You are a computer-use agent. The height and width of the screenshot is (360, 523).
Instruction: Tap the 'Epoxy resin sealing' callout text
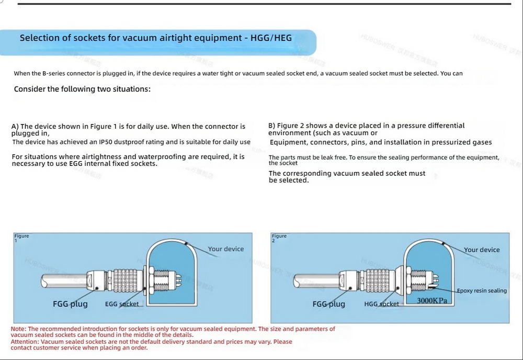point(482,291)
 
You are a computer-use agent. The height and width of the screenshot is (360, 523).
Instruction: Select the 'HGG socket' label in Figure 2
point(381,304)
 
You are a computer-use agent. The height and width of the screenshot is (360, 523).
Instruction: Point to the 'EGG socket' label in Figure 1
point(122,304)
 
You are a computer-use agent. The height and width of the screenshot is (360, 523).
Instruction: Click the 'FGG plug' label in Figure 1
point(70,304)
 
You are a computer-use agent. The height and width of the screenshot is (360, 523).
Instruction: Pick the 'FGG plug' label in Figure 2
point(328,304)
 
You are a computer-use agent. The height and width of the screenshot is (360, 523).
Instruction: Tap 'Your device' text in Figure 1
point(226,249)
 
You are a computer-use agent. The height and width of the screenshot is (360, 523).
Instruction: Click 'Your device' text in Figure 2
point(482,250)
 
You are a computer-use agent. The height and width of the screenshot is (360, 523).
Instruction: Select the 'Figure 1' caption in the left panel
point(21,238)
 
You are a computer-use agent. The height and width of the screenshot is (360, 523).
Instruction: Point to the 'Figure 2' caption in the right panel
point(279,238)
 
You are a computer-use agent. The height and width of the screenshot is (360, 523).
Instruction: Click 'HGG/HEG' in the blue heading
point(271,38)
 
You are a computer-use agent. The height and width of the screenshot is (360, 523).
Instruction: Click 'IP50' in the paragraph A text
point(107,142)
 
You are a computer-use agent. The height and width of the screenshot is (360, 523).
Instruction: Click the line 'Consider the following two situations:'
point(82,89)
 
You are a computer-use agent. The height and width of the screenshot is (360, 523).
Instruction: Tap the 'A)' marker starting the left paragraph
point(15,127)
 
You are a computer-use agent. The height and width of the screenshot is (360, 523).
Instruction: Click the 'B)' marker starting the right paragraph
point(272,126)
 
